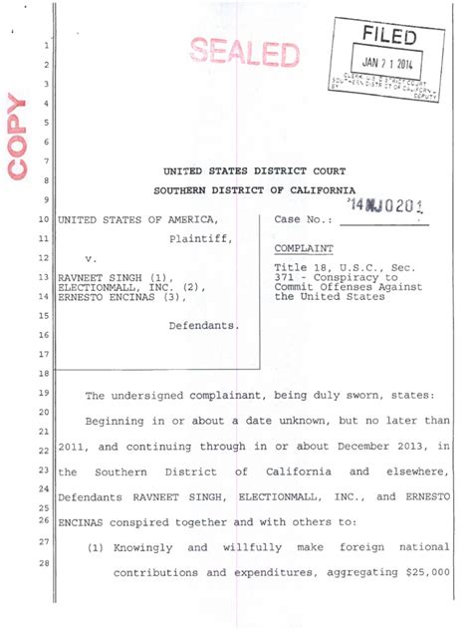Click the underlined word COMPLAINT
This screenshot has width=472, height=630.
pos(303,247)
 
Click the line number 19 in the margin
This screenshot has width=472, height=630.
pos(43,393)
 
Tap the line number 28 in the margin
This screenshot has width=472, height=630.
pos(43,564)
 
